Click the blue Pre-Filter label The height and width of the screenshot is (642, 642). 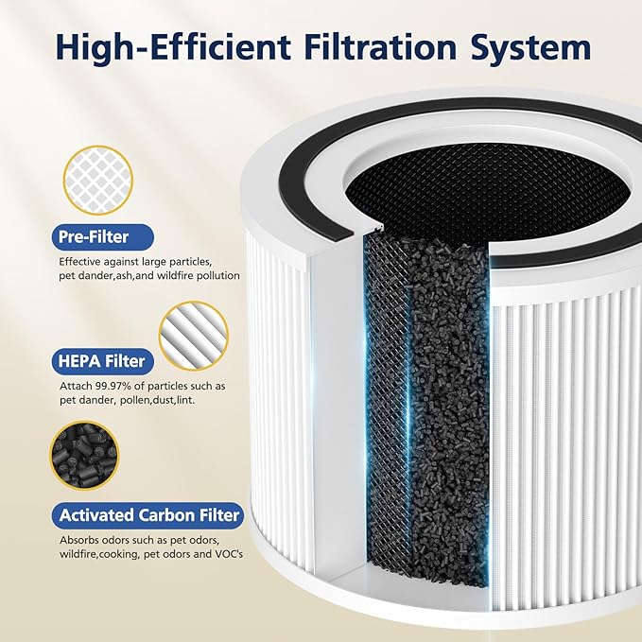(94, 236)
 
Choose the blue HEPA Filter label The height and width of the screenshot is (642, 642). (103, 360)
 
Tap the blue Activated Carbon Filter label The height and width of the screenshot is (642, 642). (150, 515)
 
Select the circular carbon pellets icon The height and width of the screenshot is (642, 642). (84, 458)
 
